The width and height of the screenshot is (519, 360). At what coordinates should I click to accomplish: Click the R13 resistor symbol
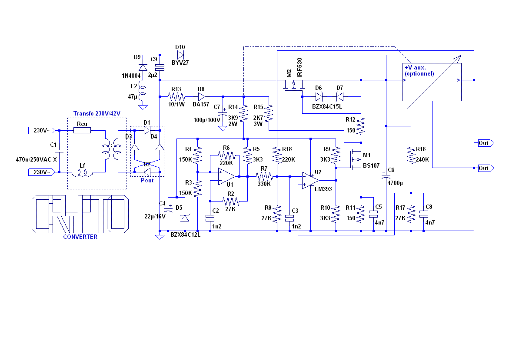(176, 97)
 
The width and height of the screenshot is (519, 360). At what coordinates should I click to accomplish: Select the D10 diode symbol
(180, 55)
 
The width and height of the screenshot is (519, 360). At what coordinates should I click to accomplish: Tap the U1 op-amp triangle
(227, 177)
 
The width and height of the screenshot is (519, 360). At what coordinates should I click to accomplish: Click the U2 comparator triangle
(310, 181)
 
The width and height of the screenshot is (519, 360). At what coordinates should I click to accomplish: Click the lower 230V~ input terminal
(41, 172)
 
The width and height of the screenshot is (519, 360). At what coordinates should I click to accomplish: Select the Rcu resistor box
(82, 131)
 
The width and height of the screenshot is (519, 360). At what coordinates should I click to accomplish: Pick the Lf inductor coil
(82, 173)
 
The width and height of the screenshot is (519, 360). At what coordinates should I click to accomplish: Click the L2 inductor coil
(143, 92)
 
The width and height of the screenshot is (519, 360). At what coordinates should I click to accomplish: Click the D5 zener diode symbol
(185, 218)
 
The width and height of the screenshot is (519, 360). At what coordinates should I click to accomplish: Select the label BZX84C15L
(327, 107)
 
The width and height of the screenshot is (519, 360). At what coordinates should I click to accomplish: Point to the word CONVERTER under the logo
(80, 237)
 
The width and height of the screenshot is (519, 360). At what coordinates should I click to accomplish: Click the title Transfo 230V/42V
(96, 113)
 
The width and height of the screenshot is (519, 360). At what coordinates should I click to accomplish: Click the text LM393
(323, 189)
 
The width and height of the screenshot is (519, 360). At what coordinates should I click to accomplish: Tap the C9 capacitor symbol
(160, 67)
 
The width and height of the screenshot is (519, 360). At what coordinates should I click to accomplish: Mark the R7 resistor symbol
(264, 177)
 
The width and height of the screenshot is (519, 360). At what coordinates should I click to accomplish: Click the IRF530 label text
(299, 67)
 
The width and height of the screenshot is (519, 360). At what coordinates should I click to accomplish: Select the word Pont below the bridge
(147, 181)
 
